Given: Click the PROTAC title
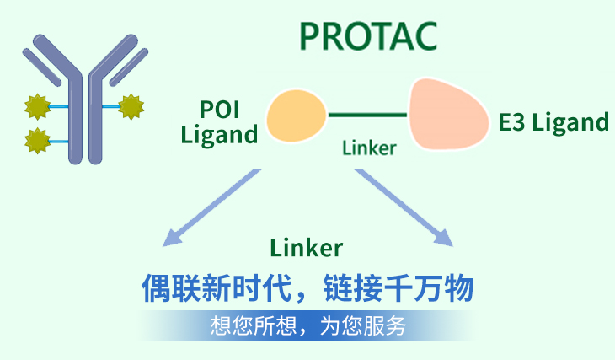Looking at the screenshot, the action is point(368,36).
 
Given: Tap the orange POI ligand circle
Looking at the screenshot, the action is point(297,116).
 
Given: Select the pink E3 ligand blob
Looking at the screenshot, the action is point(448,114).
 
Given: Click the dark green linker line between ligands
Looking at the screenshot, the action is point(367,115).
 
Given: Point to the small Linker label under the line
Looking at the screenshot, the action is point(369,148).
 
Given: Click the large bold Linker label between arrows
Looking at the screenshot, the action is point(307,248).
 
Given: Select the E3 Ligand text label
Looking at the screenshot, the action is point(553,122).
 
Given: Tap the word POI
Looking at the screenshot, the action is point(219,110).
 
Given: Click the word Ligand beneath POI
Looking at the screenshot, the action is point(219,135).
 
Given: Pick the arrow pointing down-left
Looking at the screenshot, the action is point(211,208).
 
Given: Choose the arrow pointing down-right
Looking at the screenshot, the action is point(404,208).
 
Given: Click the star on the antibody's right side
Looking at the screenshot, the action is point(131,106).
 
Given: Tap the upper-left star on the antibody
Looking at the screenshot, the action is point(38,106).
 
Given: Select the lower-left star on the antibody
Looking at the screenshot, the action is point(38,141).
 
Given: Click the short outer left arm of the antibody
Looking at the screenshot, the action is point(42,67).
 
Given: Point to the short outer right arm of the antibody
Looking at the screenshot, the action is point(129,67).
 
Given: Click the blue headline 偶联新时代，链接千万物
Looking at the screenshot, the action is point(307,288).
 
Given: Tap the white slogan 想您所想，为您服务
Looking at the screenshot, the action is point(307,325).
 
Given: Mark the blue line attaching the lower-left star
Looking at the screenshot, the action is point(59,142).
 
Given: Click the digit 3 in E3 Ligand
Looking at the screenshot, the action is point(518,122).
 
